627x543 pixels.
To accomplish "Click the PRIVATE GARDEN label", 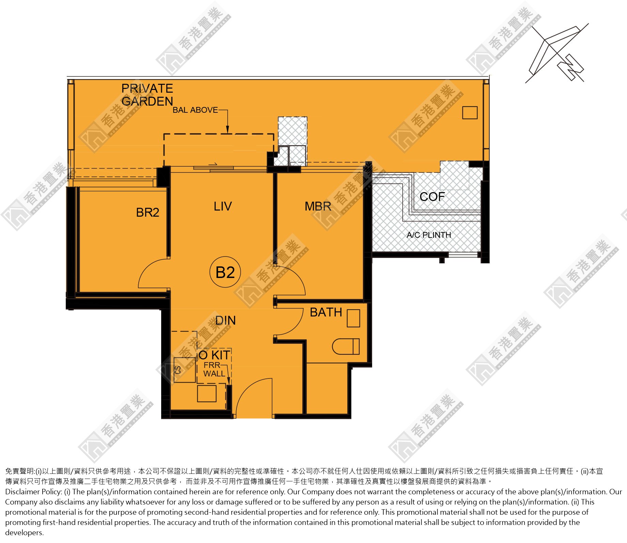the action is coord(147,95).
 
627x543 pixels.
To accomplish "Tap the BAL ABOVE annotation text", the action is coord(195,110).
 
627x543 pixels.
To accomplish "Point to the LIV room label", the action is coord(223,206).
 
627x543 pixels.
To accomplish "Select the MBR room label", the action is coord(318,206).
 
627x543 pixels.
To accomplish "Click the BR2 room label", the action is coord(148,213).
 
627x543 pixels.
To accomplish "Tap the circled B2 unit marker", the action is coord(225,272).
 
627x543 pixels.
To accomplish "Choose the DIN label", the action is coord(226,321).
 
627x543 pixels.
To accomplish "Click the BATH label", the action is coord(326,312).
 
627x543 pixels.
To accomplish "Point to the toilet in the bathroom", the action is coord(346,346).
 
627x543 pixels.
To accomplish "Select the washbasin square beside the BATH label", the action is coord(353,318).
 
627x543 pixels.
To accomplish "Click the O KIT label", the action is coord(215,355).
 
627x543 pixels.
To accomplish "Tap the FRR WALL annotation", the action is coord(214,370).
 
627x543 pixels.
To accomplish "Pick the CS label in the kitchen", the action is coord(178,370).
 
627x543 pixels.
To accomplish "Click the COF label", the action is coord(432,197).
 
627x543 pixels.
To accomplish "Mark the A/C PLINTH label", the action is coord(429,235).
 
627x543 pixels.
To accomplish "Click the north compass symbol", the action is coord(557,53).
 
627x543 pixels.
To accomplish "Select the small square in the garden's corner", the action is coord(470,113).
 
